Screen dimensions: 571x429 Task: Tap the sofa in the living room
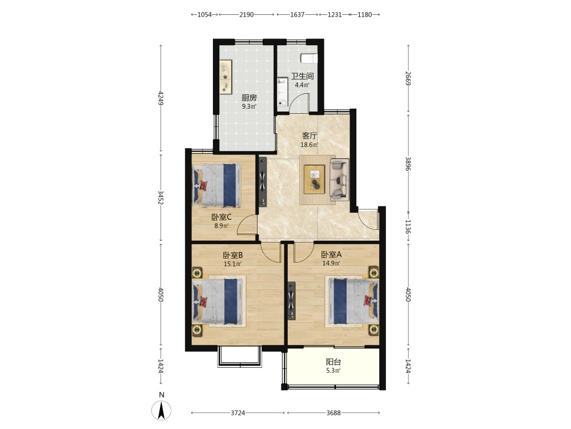[x=339, y=180]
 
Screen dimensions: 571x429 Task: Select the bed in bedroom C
[x=216, y=185]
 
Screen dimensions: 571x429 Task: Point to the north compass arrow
[x=161, y=410]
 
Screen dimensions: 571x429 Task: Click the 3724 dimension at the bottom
[x=238, y=413]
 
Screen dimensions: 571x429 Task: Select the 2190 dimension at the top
[x=246, y=15]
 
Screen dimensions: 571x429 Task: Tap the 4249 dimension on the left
[x=160, y=98]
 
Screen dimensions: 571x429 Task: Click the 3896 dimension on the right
[x=408, y=164]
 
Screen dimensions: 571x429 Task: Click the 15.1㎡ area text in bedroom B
[x=233, y=264]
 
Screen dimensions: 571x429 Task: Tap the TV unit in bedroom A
[x=291, y=301]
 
